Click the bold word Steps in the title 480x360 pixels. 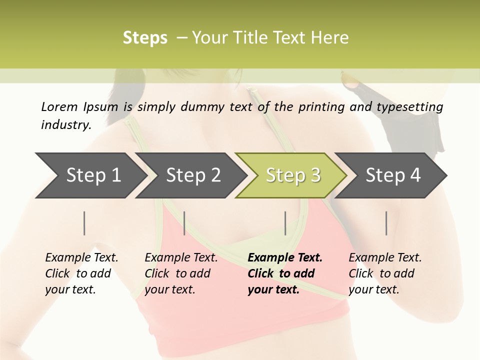pyautogui.click(x=145, y=38)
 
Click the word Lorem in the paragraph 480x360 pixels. pyautogui.click(x=59, y=106)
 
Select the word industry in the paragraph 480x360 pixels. pyautogui.click(x=65, y=124)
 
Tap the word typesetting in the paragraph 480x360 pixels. pyautogui.click(x=413, y=106)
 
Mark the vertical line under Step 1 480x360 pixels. pyautogui.click(x=84, y=223)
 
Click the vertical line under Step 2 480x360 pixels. pyautogui.click(x=184, y=223)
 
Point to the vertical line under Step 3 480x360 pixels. pyautogui.click(x=285, y=223)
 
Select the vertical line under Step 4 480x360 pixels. pyautogui.click(x=386, y=223)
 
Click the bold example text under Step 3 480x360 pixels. pyautogui.click(x=284, y=273)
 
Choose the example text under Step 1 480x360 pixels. pyautogui.click(x=81, y=273)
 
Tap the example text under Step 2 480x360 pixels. pyautogui.click(x=180, y=273)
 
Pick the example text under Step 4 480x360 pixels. pyautogui.click(x=384, y=273)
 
